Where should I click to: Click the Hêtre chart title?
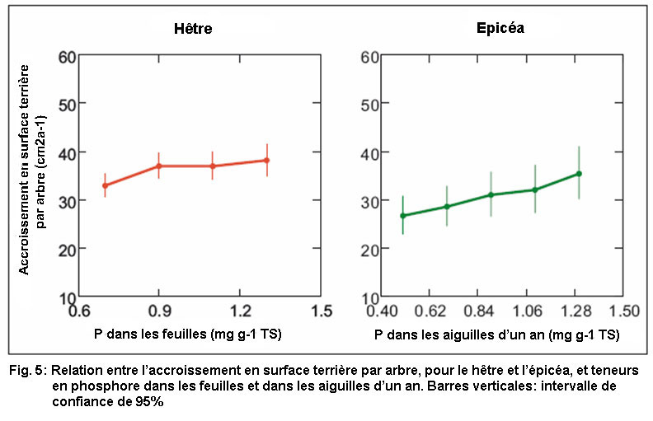coord(194,29)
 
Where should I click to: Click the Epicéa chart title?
coord(501,29)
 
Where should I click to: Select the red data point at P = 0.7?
coord(105,185)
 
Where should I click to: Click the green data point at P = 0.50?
coord(403,216)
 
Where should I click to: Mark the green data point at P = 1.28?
coord(579,173)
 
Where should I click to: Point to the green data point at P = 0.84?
coord(491,194)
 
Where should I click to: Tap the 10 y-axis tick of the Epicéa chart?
coord(369,297)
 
